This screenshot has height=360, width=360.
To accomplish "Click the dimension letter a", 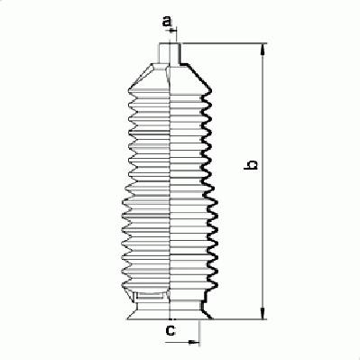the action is click(x=167, y=22).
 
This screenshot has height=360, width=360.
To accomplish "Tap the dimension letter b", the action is click(x=251, y=165).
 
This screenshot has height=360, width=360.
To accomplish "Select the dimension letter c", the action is click(x=171, y=330).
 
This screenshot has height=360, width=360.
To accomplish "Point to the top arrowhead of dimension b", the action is click(x=263, y=49).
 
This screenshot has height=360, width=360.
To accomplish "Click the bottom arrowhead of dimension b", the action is click(x=263, y=313).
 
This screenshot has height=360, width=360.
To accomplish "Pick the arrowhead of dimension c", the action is click(x=193, y=342).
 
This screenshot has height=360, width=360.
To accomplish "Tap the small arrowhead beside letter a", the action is click(x=172, y=30).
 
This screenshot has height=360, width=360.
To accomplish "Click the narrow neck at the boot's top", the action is click(x=170, y=53).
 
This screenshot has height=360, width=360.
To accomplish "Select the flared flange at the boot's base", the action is click(x=170, y=310).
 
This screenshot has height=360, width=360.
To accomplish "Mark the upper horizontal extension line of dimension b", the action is click(x=224, y=43).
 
